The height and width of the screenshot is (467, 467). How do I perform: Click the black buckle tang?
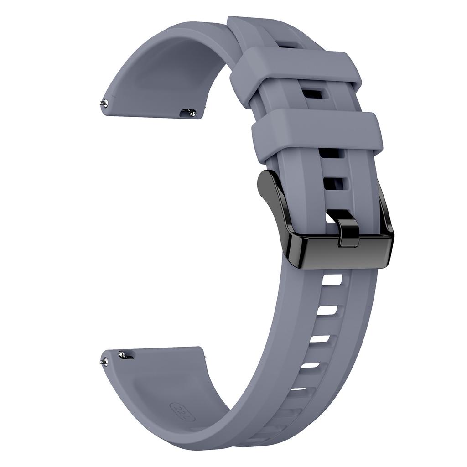point(348,233)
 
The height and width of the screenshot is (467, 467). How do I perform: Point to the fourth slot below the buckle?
point(310,365)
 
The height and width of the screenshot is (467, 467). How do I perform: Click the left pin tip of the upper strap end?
point(105,104)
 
